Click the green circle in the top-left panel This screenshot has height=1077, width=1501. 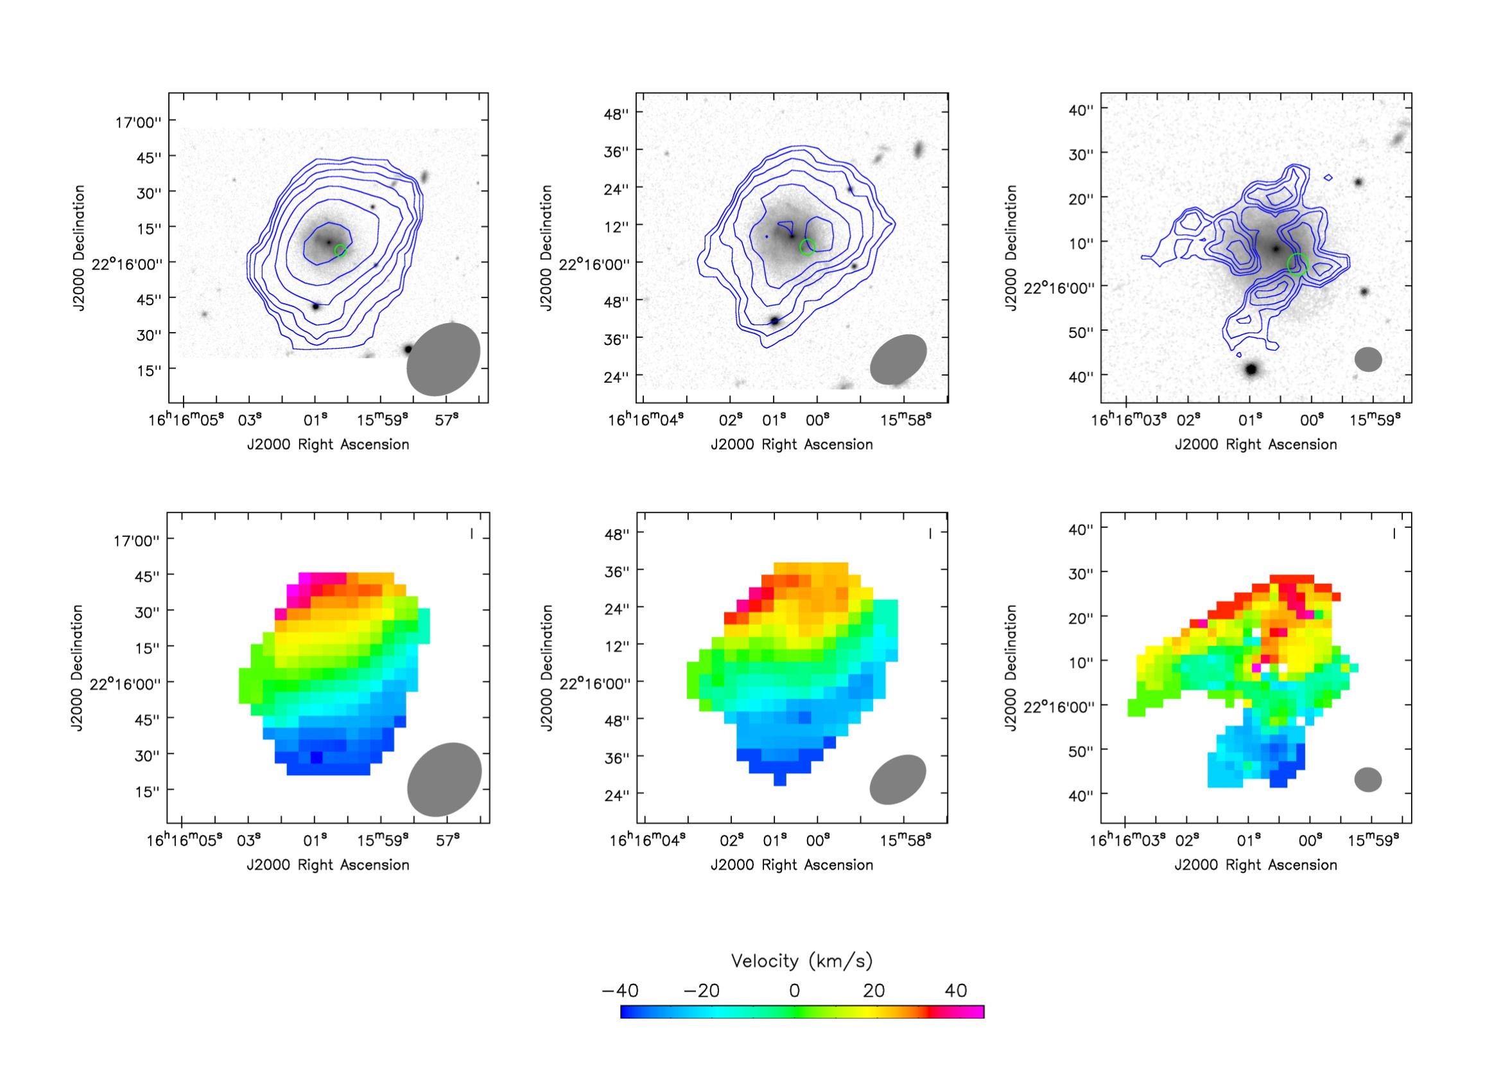pos(340,250)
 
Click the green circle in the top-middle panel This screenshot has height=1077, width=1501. pos(808,247)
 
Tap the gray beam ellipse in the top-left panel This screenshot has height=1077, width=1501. pos(443,360)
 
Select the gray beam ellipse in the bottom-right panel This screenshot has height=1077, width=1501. pos(1368,780)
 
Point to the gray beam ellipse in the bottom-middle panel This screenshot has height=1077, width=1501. pos(898,780)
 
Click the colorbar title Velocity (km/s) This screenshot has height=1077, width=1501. pos(801,961)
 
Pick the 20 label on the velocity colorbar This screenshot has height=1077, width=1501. pos(874,991)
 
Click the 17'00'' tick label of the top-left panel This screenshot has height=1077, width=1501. pos(137,122)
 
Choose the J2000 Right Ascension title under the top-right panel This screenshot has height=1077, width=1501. pos(1256,444)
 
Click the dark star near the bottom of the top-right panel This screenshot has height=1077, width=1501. pos(1251,369)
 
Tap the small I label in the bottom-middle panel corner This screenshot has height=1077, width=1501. pos(930,533)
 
